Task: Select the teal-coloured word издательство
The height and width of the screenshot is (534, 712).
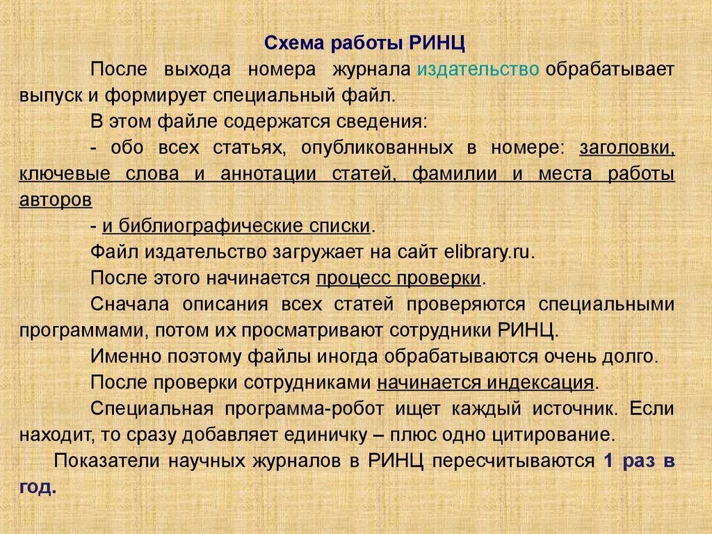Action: click(x=478, y=70)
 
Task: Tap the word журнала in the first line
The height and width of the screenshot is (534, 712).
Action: click(x=372, y=70)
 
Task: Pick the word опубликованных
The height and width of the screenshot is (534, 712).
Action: click(x=377, y=148)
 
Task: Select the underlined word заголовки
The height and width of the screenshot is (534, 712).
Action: click(x=627, y=148)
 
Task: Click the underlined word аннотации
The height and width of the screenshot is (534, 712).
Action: click(x=268, y=174)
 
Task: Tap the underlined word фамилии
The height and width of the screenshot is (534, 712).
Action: click(x=455, y=174)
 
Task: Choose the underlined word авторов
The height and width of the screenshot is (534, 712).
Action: click(x=56, y=200)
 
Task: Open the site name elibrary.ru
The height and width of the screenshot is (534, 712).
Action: click(x=487, y=252)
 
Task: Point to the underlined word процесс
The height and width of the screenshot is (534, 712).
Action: click(x=353, y=278)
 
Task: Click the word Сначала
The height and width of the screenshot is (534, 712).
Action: click(x=129, y=305)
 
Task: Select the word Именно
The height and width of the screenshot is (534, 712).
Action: click(x=126, y=357)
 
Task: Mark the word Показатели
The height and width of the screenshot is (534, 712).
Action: click(x=106, y=461)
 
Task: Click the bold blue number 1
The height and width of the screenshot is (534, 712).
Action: click(x=608, y=461)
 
